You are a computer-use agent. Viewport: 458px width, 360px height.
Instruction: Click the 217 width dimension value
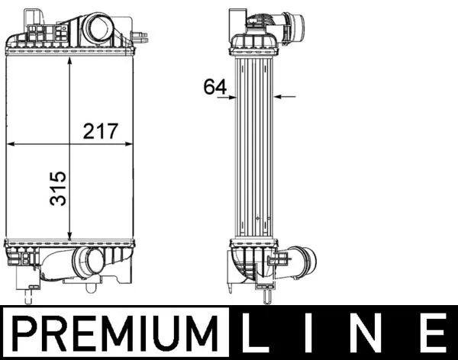(101, 130)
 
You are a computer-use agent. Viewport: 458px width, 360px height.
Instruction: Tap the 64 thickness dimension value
(215, 87)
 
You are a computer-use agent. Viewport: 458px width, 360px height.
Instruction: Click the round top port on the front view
(98, 29)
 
